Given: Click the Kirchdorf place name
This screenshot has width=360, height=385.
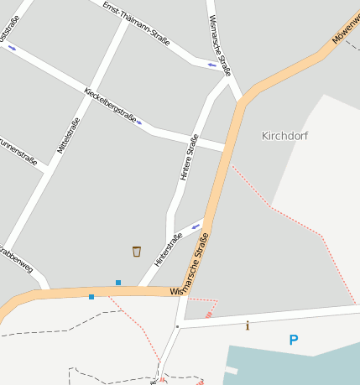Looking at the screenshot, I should pos(284,135).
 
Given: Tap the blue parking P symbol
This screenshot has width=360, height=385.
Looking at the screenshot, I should pos(293,340).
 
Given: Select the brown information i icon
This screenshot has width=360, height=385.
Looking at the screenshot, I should pos(247,325).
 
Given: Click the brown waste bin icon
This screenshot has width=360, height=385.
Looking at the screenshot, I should pos(137,251).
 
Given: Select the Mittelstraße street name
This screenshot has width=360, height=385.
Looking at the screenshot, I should pos(68,135).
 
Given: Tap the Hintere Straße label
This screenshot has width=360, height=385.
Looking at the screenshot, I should pos(189,157).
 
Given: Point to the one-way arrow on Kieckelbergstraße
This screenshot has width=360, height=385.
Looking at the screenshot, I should pos(139,122).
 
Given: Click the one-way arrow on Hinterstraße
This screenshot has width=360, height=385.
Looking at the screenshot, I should pos(196,226).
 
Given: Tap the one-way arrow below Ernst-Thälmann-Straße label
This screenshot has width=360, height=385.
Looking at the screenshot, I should pos(211,65).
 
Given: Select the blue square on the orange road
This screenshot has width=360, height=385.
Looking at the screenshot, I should pos(91,297).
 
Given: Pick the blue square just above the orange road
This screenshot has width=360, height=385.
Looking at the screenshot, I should pos(118,283).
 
